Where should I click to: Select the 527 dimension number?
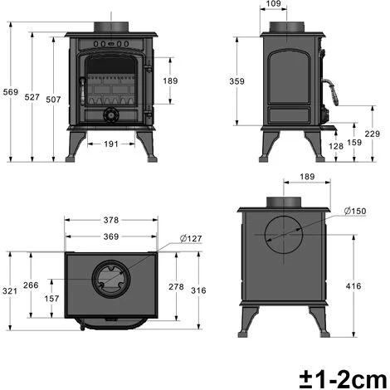pyautogui.click(x=32, y=97)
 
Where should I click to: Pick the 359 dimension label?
pyautogui.click(x=238, y=80)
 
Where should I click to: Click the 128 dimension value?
pyautogui.click(x=336, y=146)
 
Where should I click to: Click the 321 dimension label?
pyautogui.click(x=10, y=290)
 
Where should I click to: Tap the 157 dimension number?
pyautogui.click(x=51, y=299)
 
